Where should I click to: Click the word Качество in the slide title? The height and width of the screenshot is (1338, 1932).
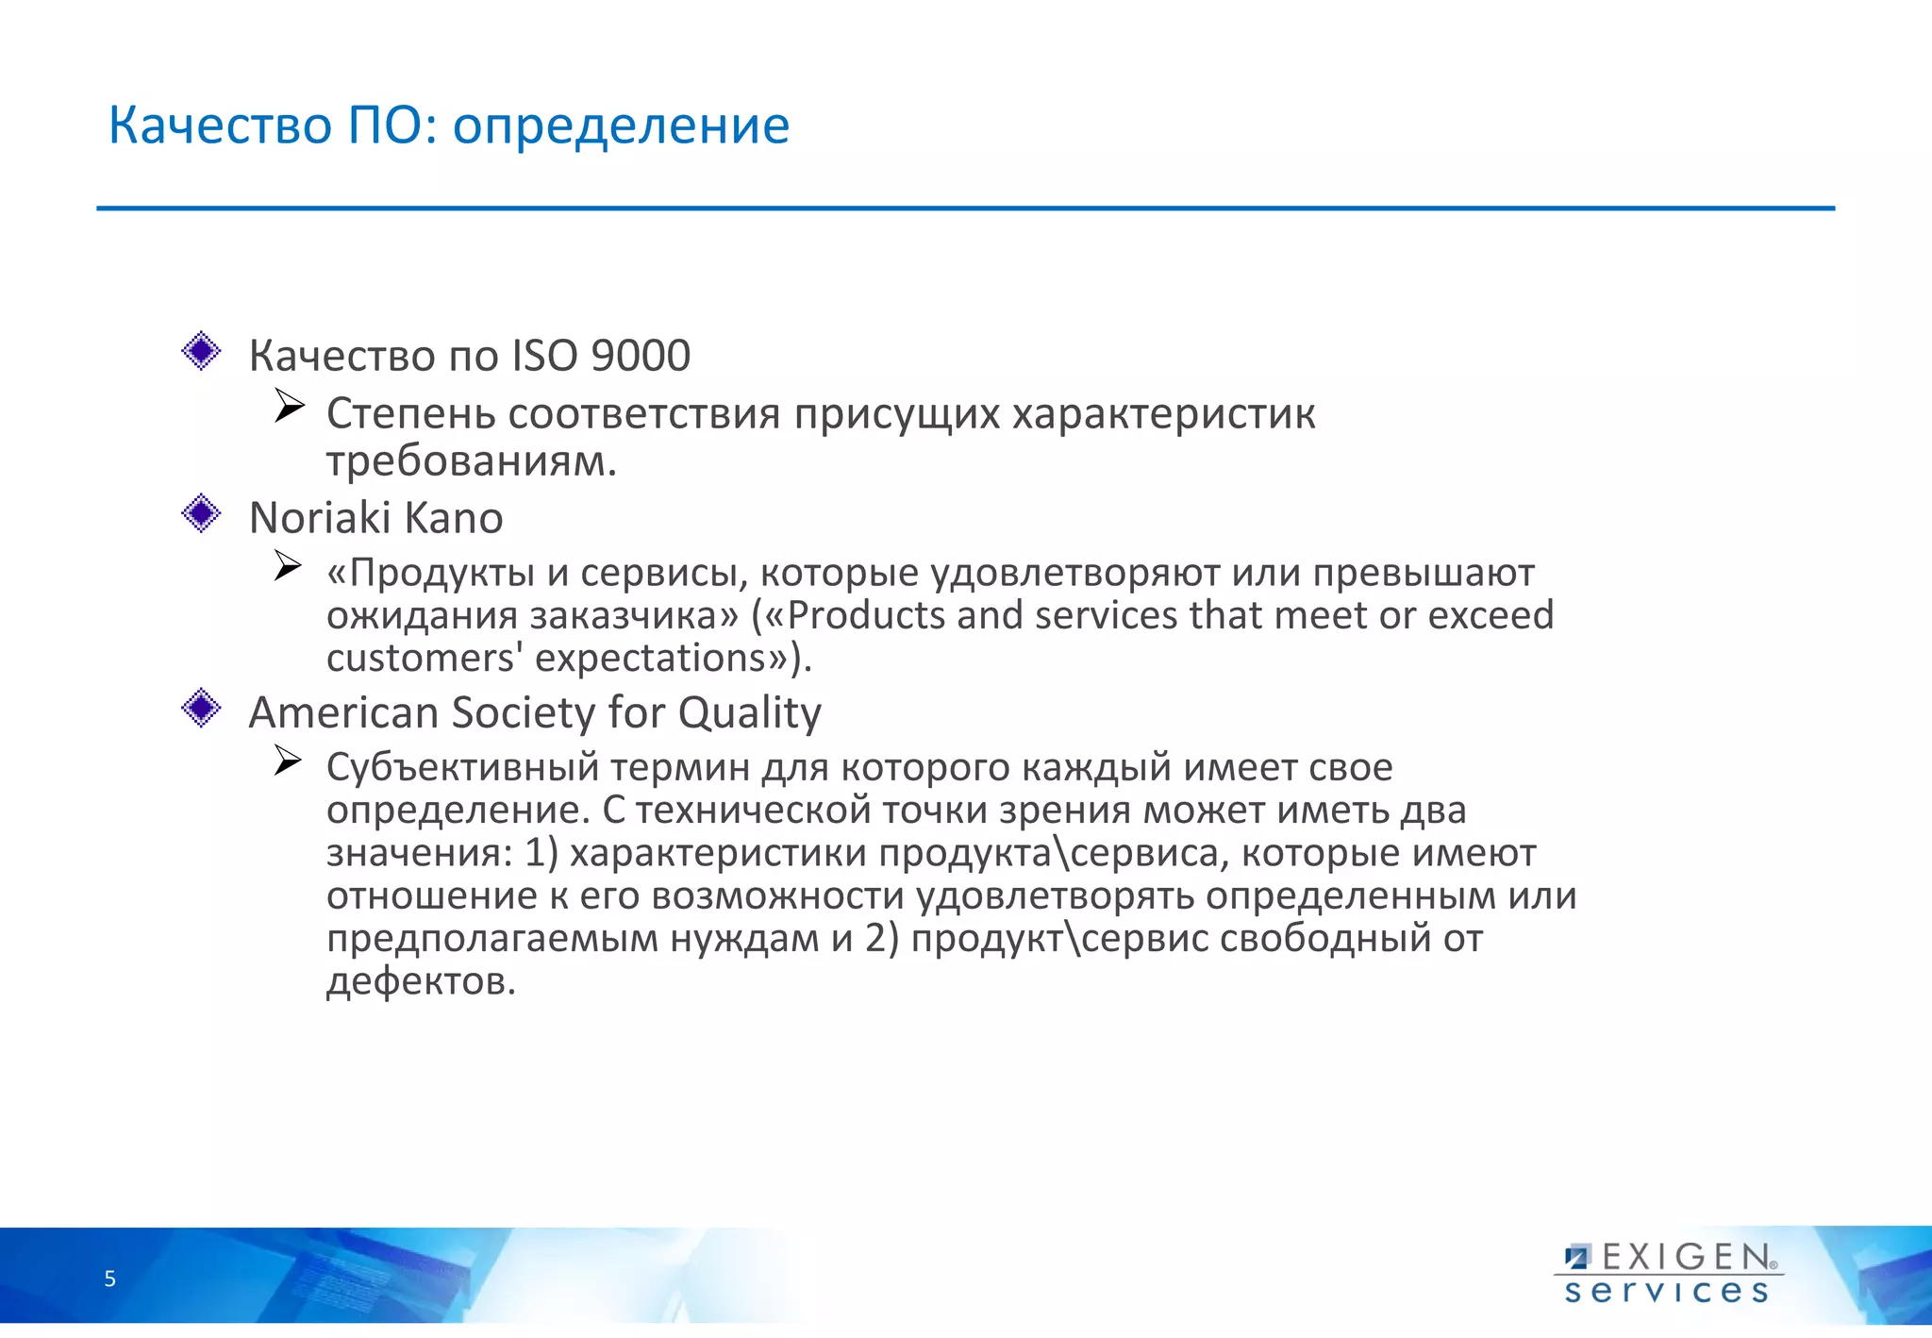tap(220, 125)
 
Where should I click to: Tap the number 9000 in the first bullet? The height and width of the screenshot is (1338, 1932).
tap(641, 356)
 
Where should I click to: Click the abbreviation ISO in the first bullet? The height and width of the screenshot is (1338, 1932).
tap(544, 356)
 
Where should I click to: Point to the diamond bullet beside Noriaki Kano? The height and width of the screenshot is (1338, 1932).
tap(201, 514)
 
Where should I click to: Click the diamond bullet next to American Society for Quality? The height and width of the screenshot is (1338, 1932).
tap(201, 708)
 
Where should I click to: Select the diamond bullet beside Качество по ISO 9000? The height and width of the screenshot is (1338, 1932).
tap(201, 351)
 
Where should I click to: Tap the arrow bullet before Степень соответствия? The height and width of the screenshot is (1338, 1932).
tap(289, 407)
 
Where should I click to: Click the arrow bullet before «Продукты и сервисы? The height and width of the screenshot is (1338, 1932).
tap(288, 566)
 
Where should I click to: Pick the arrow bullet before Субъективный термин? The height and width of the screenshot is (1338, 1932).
tap(288, 761)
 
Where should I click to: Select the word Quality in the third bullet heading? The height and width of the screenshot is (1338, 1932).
tap(749, 713)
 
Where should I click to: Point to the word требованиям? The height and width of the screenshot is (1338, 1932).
tap(471, 462)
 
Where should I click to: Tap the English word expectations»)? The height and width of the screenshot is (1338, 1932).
tap(673, 659)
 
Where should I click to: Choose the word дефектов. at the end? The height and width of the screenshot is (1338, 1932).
tap(421, 982)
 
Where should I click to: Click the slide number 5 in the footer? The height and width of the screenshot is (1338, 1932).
tap(110, 1279)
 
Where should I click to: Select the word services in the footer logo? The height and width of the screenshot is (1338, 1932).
tap(1666, 1291)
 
